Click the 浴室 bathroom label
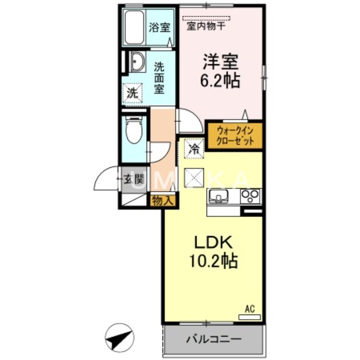(x=160, y=27)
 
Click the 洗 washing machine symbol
(x=132, y=94)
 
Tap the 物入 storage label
(x=162, y=200)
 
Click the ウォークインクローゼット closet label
(x=235, y=135)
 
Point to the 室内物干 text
(x=207, y=26)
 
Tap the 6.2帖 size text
(x=220, y=81)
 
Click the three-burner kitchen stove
(x=250, y=196)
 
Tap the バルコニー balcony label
(x=214, y=339)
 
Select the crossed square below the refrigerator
(x=194, y=176)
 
